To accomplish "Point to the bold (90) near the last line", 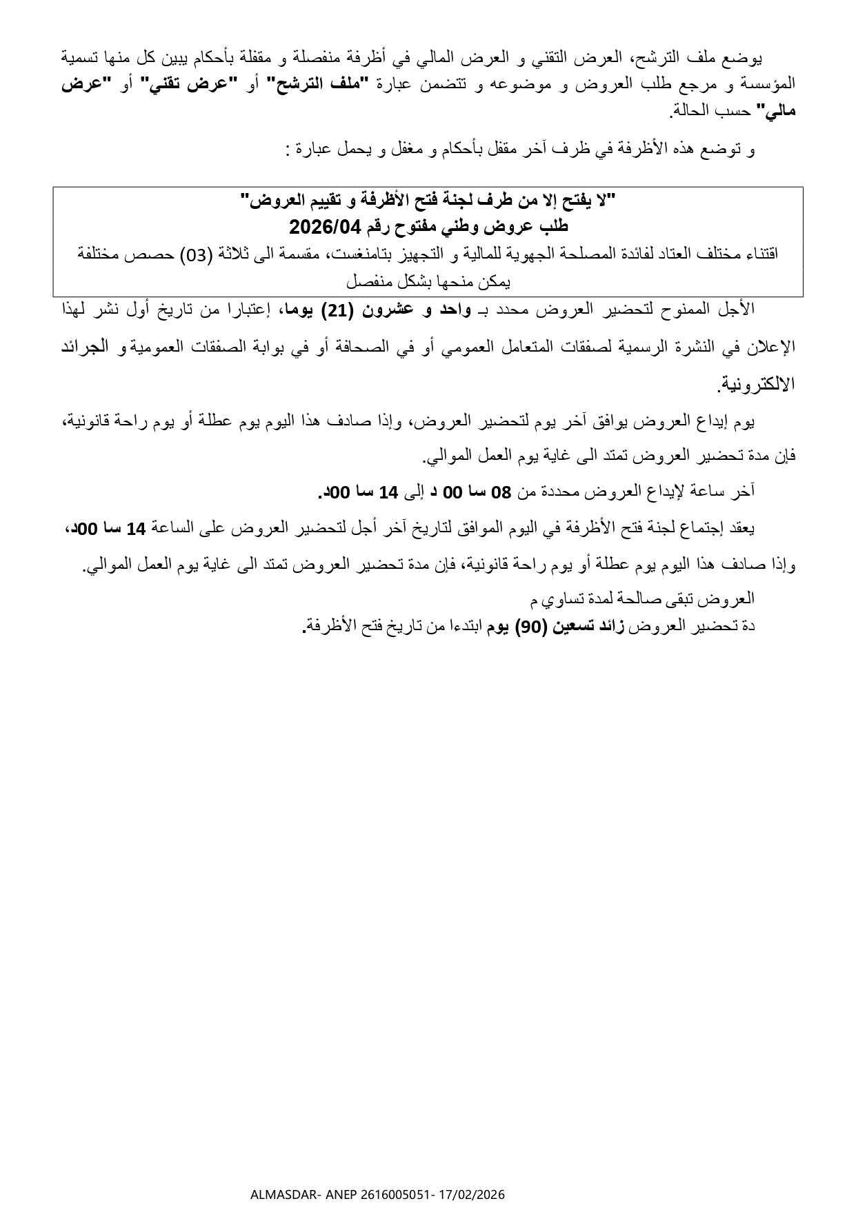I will pos(532,627).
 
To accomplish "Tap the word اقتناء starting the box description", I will pos(759,254).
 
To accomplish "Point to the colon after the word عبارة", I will pos(287,150).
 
